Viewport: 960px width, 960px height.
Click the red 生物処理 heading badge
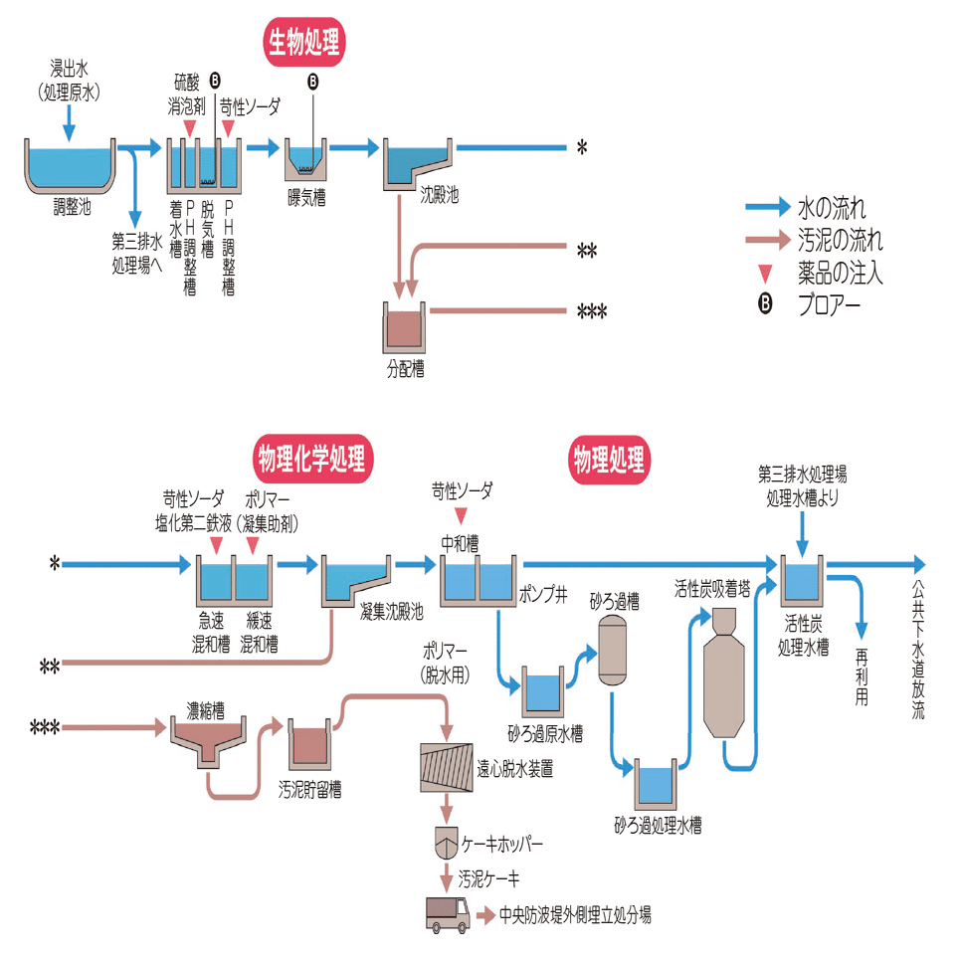click(304, 41)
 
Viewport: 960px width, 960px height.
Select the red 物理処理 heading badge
click(608, 460)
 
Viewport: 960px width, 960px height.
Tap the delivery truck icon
click(448, 913)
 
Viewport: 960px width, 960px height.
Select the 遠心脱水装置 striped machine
click(448, 767)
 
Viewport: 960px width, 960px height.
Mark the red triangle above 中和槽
click(461, 514)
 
